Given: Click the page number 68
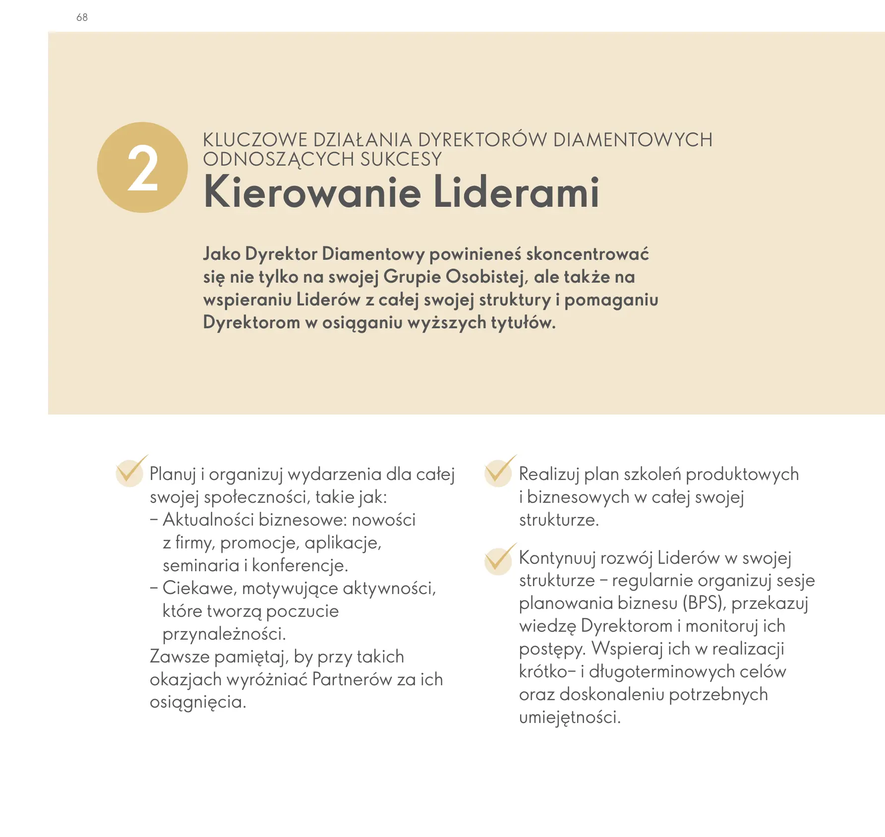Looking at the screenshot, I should [82, 17].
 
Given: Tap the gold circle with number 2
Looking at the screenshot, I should [142, 168].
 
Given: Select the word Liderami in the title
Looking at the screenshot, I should [516, 192].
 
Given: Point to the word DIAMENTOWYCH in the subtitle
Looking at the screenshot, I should [633, 140].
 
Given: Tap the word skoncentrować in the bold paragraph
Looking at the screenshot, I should [587, 254].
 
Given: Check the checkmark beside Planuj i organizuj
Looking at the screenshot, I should [130, 471].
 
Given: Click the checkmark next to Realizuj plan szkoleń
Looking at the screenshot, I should [499, 471].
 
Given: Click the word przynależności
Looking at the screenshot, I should [224, 634].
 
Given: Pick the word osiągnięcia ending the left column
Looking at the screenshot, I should [198, 702].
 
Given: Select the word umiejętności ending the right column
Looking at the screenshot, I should [570, 717].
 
